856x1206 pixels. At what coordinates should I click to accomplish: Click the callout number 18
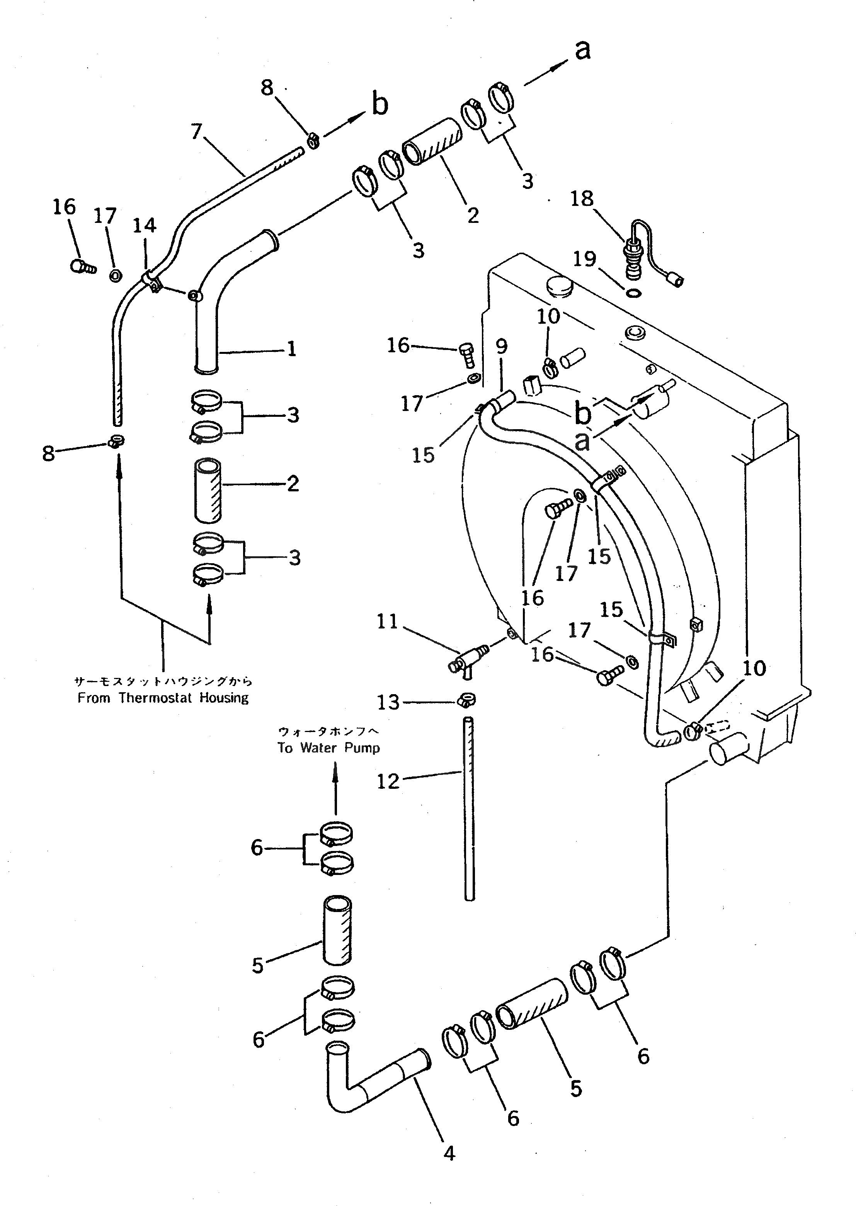point(582,199)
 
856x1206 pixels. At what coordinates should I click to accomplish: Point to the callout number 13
point(388,702)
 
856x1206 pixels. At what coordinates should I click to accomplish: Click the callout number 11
point(387,622)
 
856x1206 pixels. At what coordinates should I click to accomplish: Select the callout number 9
point(501,347)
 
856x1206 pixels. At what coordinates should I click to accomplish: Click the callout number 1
point(291,349)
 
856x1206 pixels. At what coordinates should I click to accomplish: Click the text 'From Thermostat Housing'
point(163,698)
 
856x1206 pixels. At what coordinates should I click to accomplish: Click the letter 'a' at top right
point(582,50)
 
